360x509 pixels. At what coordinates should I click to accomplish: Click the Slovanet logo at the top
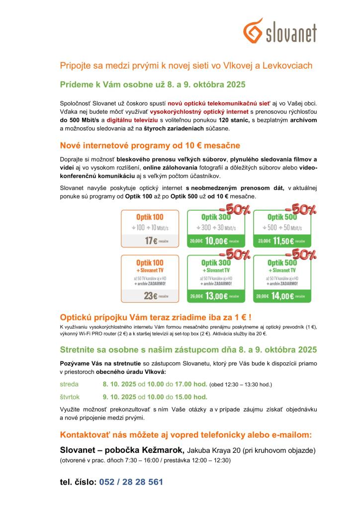click(x=280, y=31)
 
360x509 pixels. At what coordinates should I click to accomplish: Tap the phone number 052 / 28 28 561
click(x=131, y=482)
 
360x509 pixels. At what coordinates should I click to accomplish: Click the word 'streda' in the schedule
click(x=69, y=384)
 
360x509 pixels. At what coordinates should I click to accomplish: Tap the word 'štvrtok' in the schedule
click(x=70, y=397)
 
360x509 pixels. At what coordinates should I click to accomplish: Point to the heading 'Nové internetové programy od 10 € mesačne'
click(x=150, y=146)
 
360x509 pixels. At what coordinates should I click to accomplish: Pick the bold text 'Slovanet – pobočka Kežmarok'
click(x=122, y=450)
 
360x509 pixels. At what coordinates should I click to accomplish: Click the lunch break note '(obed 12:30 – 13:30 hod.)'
click(x=241, y=385)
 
